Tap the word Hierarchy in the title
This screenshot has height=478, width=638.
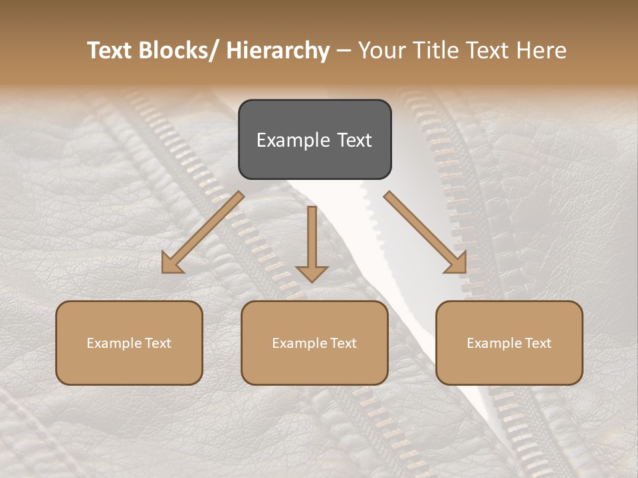pyautogui.click(x=278, y=50)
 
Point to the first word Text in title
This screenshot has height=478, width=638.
pyautogui.click(x=110, y=50)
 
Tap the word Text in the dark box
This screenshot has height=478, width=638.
pyautogui.click(x=354, y=140)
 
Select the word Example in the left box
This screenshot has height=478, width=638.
pyautogui.click(x=114, y=343)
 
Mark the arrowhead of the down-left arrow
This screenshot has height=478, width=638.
pyautogui.click(x=171, y=264)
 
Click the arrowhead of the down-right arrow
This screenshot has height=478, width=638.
pyautogui.click(x=457, y=264)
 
